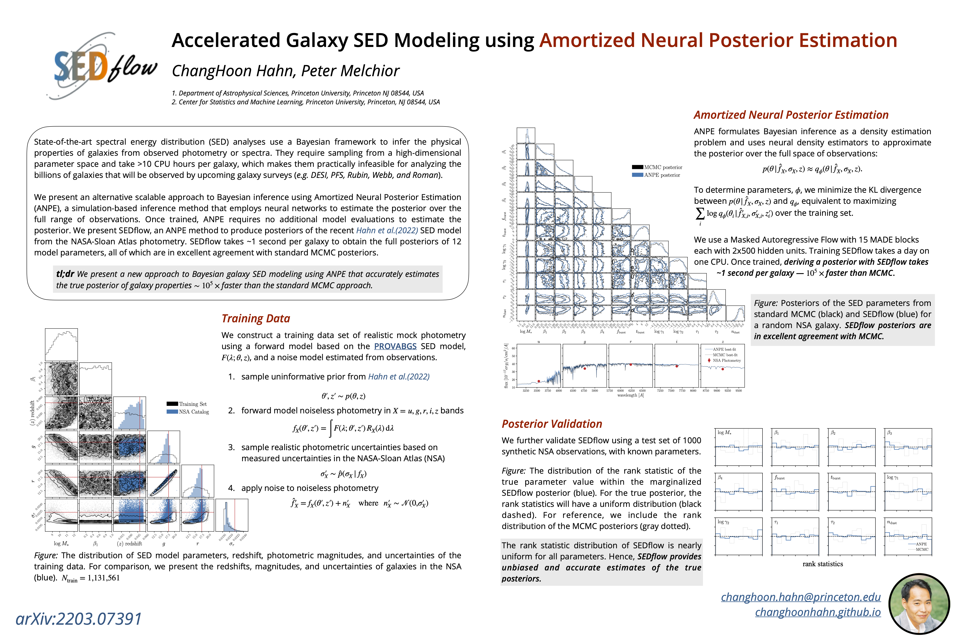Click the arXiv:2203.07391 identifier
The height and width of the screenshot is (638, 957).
(78, 619)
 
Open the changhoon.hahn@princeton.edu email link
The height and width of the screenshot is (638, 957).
(800, 597)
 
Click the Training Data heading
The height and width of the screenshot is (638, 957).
(255, 319)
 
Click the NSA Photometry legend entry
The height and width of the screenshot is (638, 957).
(726, 360)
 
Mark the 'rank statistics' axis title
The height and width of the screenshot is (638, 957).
(822, 564)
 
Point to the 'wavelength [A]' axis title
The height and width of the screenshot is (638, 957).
(630, 395)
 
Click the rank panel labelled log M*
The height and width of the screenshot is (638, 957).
(739, 447)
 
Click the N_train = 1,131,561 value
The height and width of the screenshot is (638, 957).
(90, 578)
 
